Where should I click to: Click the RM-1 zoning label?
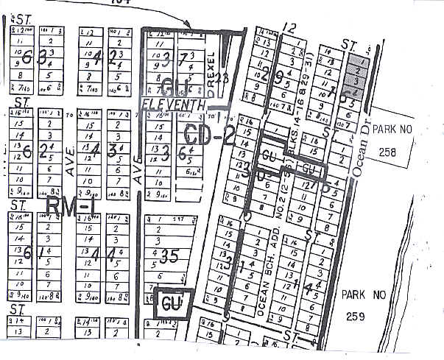[71, 208]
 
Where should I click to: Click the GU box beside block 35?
[172, 303]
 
